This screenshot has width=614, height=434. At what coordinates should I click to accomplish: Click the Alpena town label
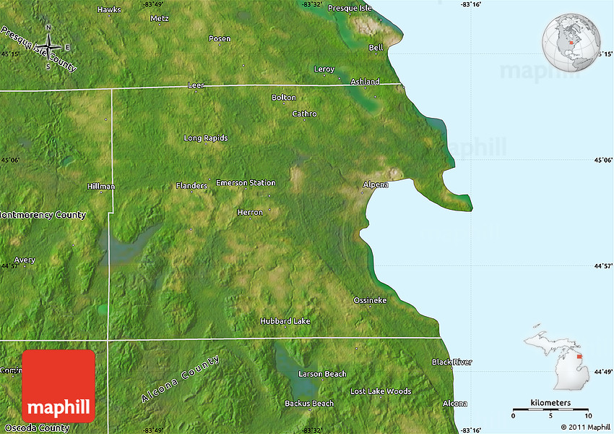pos(375,184)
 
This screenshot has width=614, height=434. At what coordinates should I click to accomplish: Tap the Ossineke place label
pos(370,300)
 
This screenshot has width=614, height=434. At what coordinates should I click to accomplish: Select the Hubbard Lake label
pos(285,321)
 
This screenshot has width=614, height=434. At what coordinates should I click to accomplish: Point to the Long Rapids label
pos(205,137)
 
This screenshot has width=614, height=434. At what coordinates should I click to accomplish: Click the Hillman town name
pos(101,186)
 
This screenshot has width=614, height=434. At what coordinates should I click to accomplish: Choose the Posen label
pos(220,38)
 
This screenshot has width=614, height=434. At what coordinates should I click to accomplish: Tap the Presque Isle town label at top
pos(350,8)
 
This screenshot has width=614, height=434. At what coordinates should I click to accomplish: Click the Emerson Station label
pos(246,183)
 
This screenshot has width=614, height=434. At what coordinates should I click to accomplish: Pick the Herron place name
pos(250,212)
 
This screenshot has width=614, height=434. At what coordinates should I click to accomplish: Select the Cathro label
pos(304,114)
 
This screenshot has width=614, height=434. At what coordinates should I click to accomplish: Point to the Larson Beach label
pos(322,374)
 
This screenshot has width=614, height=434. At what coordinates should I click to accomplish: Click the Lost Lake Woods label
pos(381,391)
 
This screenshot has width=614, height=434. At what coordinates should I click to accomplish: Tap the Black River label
pos(451,362)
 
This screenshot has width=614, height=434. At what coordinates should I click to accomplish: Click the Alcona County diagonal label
pos(180,379)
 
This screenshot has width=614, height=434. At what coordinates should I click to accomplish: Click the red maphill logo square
pos(59,386)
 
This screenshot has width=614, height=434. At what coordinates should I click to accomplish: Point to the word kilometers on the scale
pos(550,402)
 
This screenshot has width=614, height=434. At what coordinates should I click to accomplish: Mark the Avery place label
pos(25,260)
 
